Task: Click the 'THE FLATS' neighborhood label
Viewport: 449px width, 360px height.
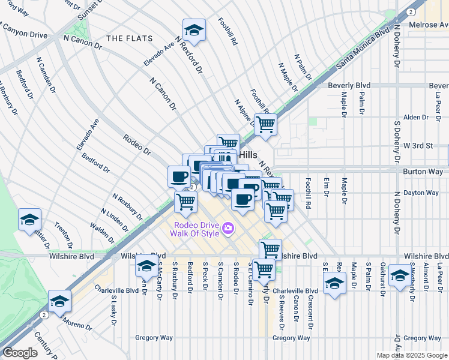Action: pos(126,38)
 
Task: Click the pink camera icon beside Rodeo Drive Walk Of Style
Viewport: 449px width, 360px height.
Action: pos(228,228)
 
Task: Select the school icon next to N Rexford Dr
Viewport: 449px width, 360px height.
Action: pos(194,30)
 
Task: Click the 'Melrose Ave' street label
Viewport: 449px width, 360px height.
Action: pos(428,25)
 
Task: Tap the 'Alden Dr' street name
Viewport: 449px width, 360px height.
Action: pos(416,117)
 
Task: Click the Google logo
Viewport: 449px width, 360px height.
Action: pos(20,353)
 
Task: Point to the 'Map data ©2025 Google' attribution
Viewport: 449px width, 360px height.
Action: pos(412,355)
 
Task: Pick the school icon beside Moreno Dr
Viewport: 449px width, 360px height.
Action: pos(59,301)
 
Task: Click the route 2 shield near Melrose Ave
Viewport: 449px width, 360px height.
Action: pos(409,11)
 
